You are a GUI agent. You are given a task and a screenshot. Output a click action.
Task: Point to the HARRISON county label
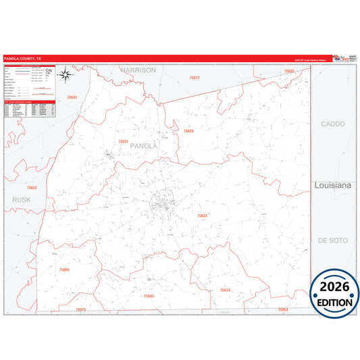click(138, 70)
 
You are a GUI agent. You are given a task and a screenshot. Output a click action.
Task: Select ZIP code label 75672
click(195, 78)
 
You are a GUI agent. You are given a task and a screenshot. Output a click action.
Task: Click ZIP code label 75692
click(289, 71)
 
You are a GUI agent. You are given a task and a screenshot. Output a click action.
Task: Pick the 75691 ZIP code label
click(72, 98)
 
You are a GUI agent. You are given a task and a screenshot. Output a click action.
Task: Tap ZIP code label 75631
click(123, 141)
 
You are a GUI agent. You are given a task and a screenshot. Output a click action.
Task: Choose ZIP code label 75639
click(188, 131)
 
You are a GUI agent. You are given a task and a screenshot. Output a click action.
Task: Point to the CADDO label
click(333, 124)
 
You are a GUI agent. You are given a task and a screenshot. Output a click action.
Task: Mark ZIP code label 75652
click(32, 187)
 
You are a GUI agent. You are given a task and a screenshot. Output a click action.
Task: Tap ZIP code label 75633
click(202, 215)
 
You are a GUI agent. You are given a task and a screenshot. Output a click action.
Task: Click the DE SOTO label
click(332, 240)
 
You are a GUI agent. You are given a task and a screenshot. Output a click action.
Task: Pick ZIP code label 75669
click(63, 269)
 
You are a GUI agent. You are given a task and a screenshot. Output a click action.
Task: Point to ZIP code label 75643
click(149, 296)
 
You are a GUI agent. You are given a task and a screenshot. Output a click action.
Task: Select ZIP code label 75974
click(225, 290)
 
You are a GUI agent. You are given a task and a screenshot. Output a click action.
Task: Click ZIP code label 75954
click(283, 309)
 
